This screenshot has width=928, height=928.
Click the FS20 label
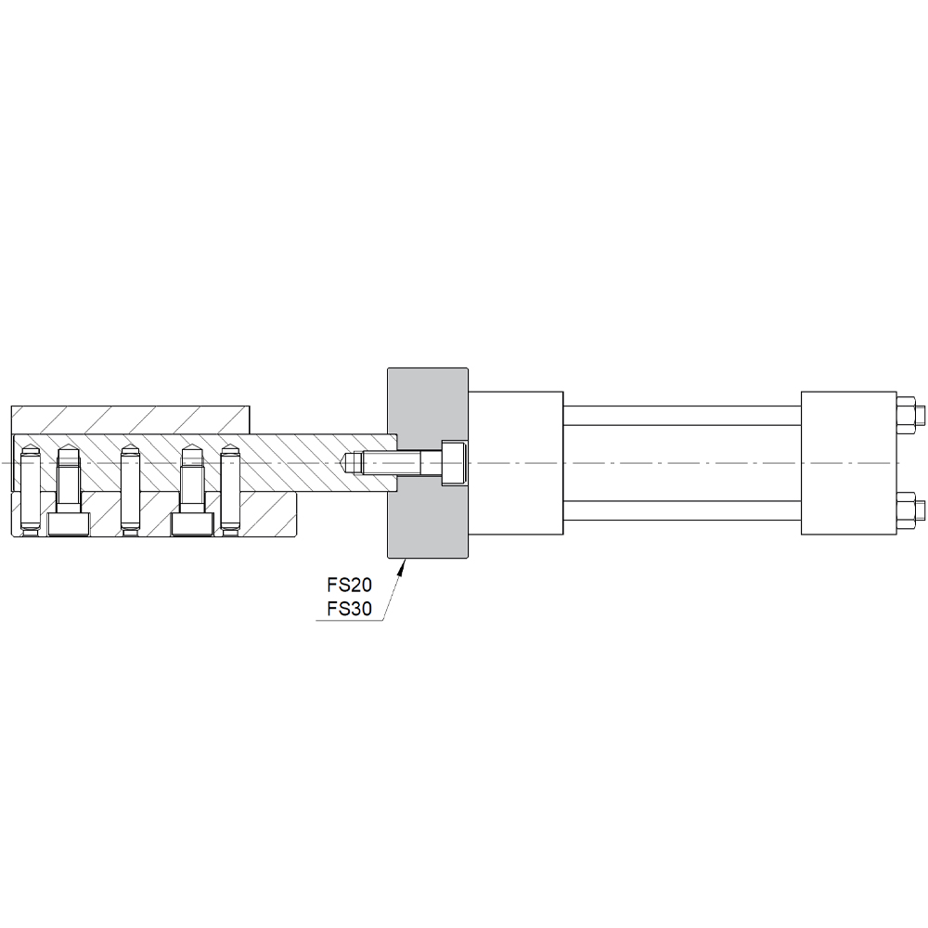[x=349, y=585]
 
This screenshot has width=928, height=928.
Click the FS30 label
[x=349, y=609]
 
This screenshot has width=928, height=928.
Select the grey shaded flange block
[x=427, y=463]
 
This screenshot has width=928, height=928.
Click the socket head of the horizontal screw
[x=454, y=463]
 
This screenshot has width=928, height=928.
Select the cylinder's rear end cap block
[x=849, y=463]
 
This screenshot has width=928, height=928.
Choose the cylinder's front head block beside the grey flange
[x=515, y=463]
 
